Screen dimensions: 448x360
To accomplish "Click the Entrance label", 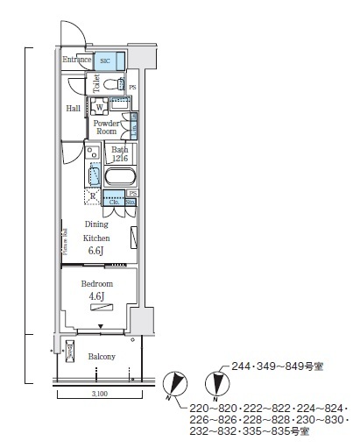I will [x=77, y=60].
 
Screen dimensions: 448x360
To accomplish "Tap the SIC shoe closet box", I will [x=106, y=60].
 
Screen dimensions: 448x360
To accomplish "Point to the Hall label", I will [x=73, y=108].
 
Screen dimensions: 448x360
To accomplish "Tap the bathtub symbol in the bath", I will [x=118, y=177].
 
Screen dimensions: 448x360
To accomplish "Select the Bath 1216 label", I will [x=120, y=155].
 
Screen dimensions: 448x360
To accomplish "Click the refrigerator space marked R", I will [x=92, y=196].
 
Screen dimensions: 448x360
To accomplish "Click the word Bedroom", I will [x=96, y=285].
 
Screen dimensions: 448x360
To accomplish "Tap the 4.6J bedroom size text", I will [x=96, y=298].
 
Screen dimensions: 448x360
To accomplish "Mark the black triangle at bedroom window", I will [x=100, y=326].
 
